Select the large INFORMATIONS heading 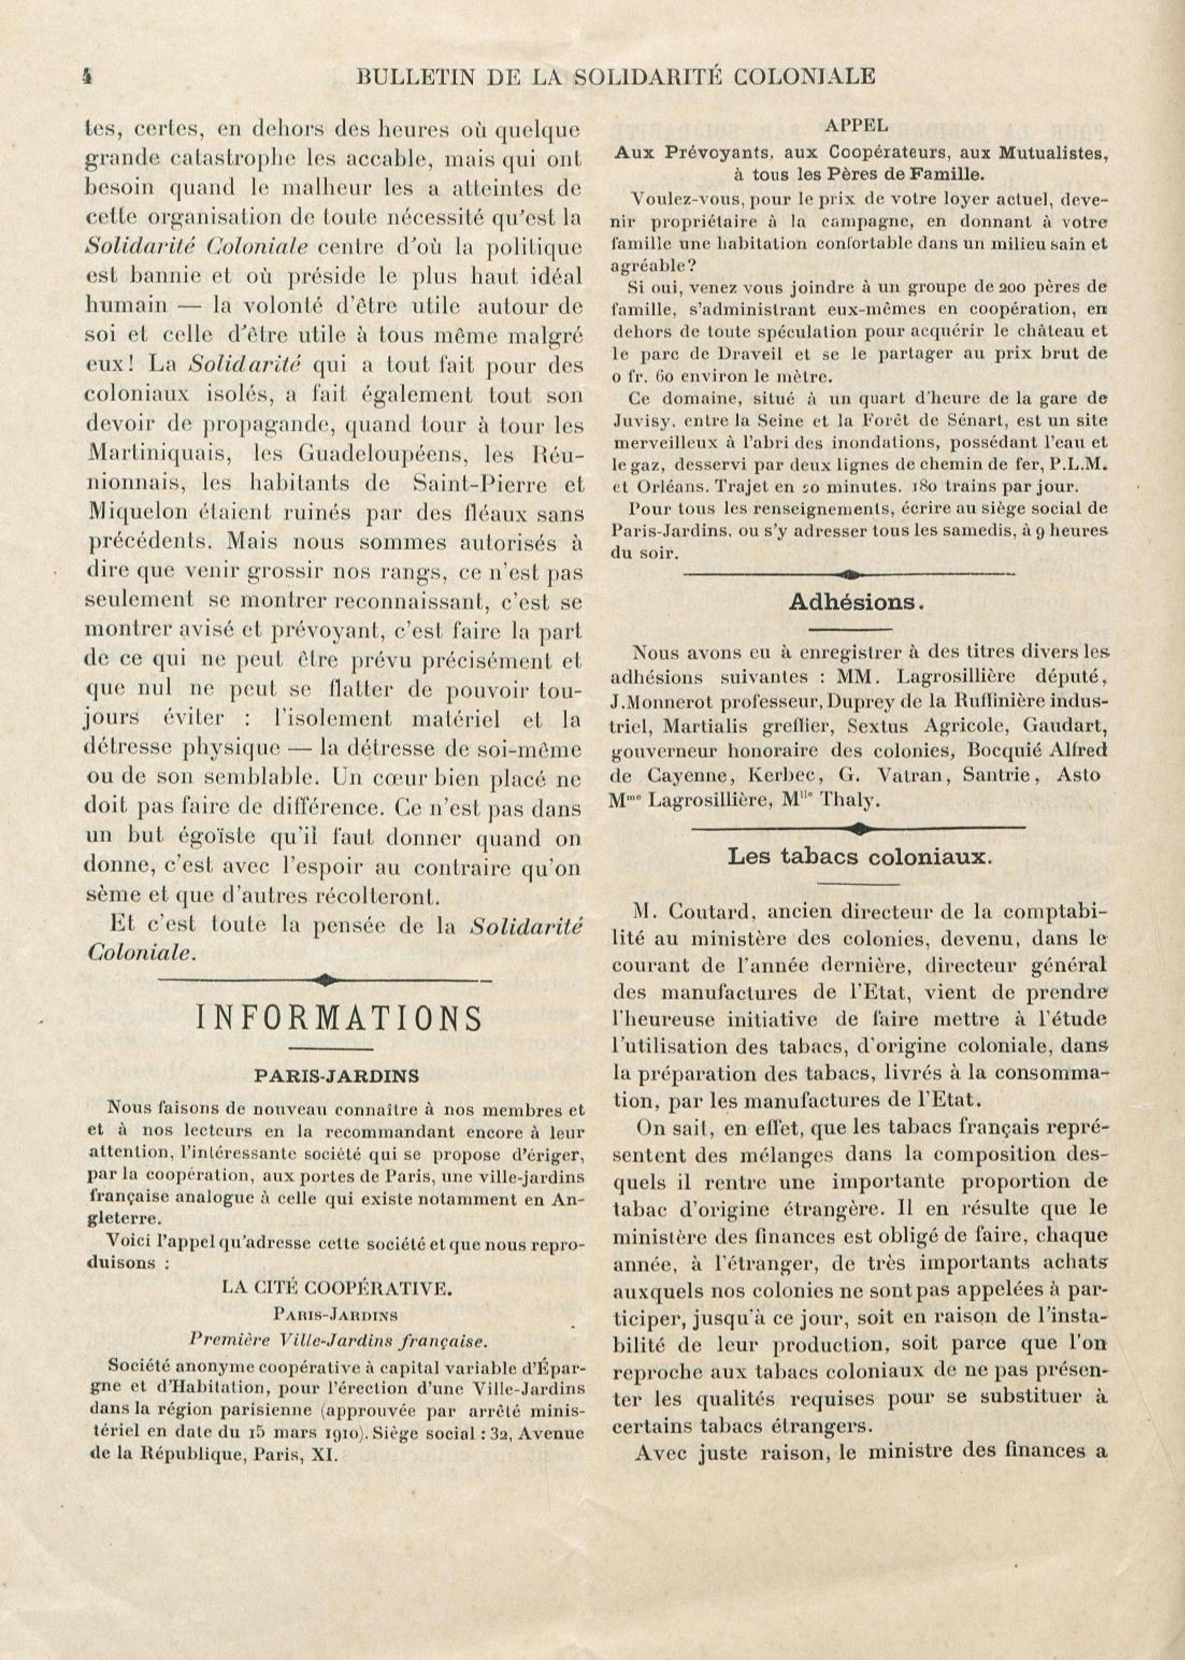click(x=339, y=1019)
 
